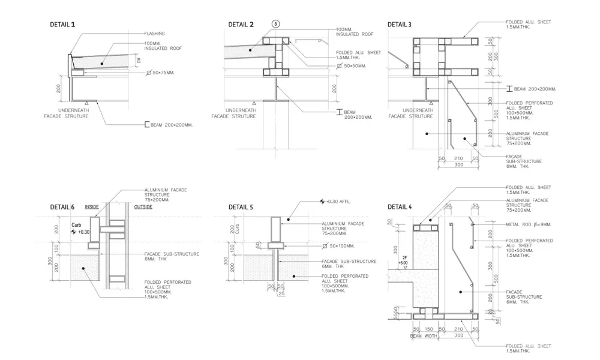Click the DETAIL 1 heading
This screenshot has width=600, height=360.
click(62, 25)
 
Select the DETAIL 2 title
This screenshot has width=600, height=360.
click(241, 25)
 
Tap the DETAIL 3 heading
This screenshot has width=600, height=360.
click(400, 25)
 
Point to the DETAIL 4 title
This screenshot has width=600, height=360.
click(400, 207)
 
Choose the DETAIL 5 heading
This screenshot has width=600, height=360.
click(241, 207)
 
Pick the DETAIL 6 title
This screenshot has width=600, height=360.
click(62, 207)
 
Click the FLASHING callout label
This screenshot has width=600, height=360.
click(154, 34)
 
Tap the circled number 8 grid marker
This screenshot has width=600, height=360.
click(277, 24)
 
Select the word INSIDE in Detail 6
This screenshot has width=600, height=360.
click(92, 206)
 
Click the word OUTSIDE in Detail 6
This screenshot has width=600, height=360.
click(143, 206)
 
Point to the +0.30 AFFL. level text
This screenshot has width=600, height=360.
click(338, 202)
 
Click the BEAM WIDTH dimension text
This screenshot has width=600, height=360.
click(424, 336)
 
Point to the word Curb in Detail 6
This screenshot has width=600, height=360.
click(76, 225)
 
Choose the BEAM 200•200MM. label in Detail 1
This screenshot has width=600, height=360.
click(173, 125)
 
